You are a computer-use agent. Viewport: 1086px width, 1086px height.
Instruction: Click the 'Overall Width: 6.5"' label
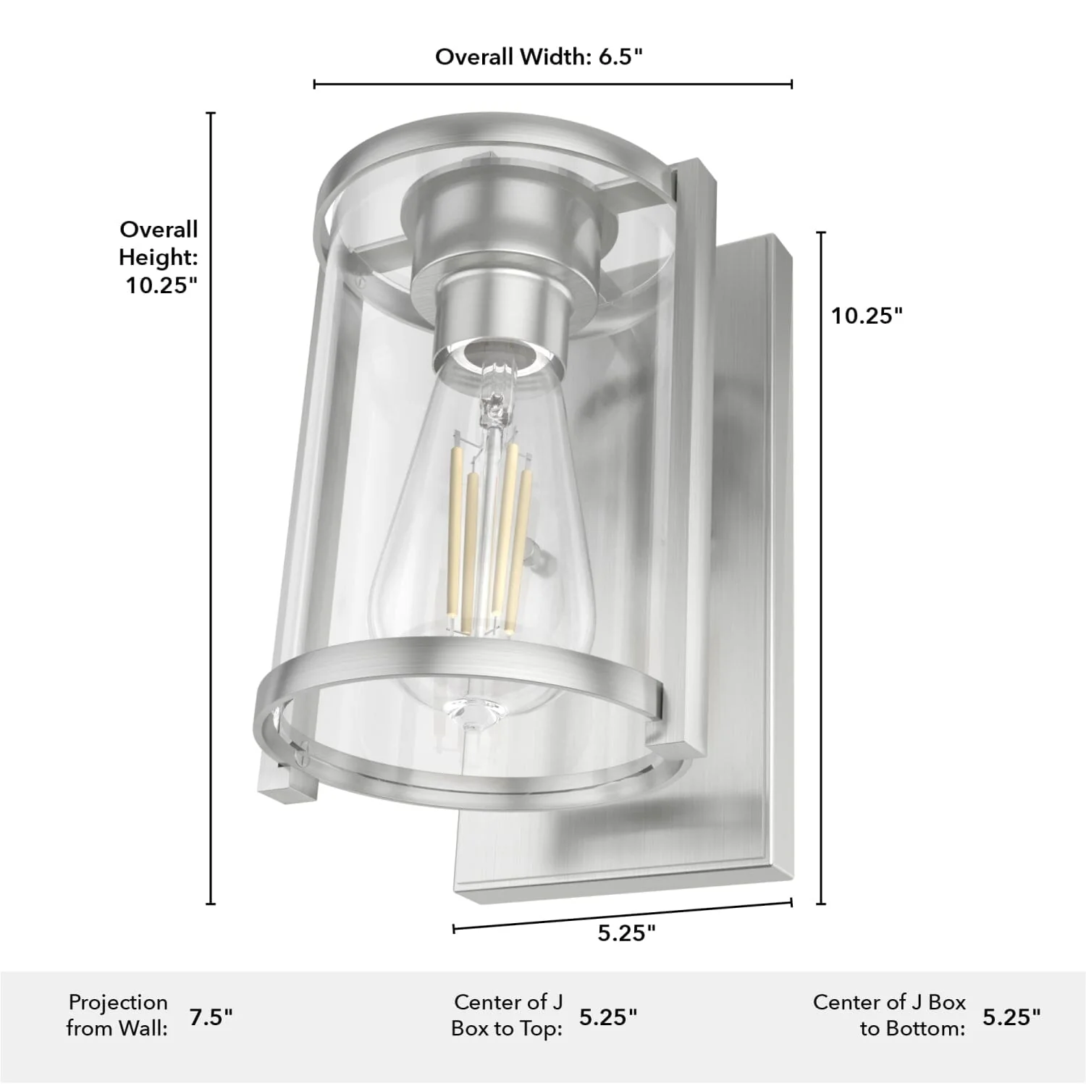pos(539,57)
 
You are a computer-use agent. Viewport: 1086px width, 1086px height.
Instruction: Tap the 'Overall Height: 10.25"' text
pos(159,258)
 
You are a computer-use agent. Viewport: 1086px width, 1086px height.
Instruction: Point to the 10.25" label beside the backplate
pos(867,316)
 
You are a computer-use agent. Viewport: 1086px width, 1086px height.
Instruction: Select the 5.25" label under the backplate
pos(626,933)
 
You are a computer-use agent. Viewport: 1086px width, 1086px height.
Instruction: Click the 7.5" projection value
pos(211,1016)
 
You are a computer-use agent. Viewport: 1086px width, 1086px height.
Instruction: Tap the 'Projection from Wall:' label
pos(117,1015)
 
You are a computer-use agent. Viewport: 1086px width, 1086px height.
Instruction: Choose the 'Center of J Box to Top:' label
pos(507,1015)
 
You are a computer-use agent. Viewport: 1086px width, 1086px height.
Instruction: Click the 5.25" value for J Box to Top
pos(608,1016)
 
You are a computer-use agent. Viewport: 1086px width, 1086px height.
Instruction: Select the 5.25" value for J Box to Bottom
pos(1011,1016)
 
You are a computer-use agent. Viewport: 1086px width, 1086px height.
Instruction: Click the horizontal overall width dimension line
pos(552,85)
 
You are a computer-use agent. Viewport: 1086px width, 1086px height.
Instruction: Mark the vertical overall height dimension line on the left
pos(211,507)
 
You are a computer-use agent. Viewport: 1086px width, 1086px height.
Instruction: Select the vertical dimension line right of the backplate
pos(821,568)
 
